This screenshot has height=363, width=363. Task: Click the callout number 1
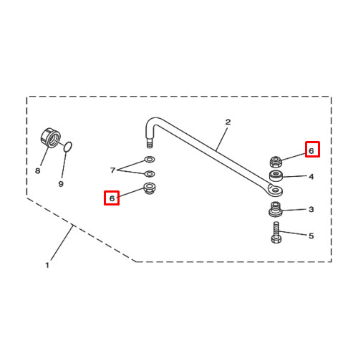click(x=47, y=265)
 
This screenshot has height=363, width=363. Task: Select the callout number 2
click(x=228, y=122)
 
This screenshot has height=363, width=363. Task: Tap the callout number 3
click(x=311, y=209)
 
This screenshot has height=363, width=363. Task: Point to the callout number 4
click(x=311, y=177)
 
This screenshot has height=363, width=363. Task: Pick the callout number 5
click(x=311, y=236)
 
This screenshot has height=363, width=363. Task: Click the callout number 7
click(x=112, y=170)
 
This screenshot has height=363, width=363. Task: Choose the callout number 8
click(x=37, y=171)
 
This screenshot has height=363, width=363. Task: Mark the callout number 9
click(x=61, y=184)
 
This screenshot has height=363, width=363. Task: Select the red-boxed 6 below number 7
click(x=112, y=198)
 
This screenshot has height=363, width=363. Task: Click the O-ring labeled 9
click(x=68, y=147)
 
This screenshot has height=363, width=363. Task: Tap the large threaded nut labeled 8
click(x=50, y=137)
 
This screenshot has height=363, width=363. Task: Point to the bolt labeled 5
click(x=276, y=233)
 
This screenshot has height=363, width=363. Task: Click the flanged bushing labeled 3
click(x=276, y=209)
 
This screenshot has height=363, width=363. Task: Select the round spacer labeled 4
click(x=276, y=175)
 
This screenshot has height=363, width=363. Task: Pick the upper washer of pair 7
click(x=150, y=159)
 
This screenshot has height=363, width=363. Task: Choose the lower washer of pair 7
click(x=150, y=174)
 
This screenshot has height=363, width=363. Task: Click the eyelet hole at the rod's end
click(x=276, y=190)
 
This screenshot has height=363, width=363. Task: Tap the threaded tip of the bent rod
click(x=150, y=143)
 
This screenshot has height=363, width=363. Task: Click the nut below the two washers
click(x=150, y=188)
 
